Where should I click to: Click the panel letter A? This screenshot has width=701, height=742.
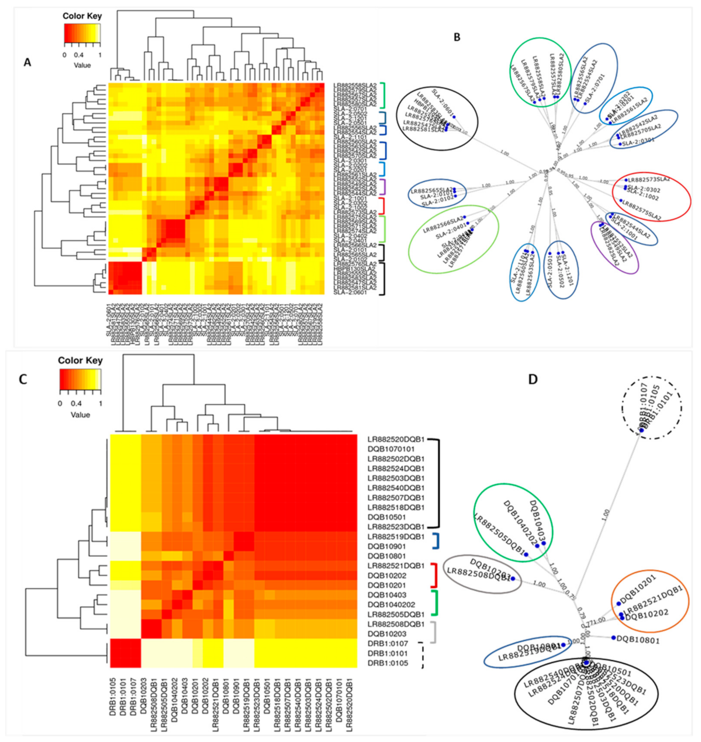pos(27,62)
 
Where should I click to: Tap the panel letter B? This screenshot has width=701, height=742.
pos(457,37)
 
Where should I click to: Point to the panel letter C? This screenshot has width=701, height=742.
pos(23,379)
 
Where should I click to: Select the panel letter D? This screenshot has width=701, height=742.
pos(533,379)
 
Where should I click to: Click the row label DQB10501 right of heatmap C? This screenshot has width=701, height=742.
pos(386,517)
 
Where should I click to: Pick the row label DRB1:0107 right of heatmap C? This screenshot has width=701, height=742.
pos(387,643)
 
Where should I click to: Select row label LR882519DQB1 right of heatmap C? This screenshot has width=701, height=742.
pos(396,537)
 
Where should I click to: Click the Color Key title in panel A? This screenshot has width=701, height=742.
pos(82,16)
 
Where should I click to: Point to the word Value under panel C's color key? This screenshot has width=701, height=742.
pos(80,415)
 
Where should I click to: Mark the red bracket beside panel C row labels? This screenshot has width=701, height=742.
pos(434,575)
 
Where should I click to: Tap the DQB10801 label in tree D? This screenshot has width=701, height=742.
pos(638,640)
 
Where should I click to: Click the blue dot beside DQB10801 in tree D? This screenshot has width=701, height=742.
pos(614,637)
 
